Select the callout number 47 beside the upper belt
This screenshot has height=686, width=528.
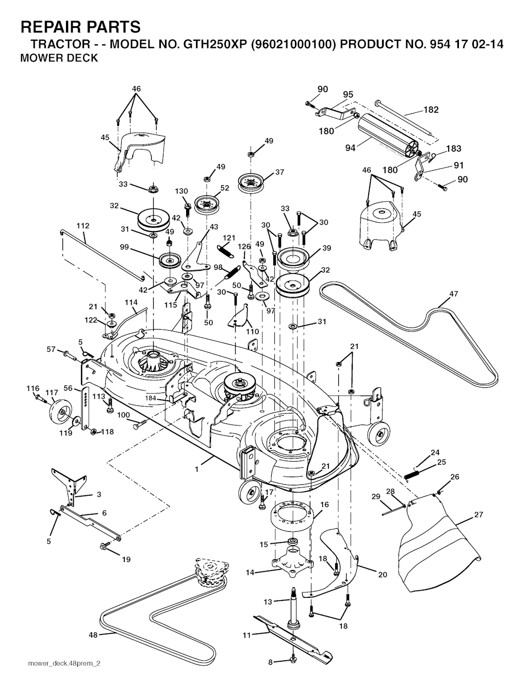click(453, 294)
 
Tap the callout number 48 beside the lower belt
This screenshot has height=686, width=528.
click(93, 635)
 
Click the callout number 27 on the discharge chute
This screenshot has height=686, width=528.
click(478, 514)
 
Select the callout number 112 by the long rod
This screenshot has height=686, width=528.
click(82, 225)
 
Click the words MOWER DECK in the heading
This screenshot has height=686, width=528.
click(58, 58)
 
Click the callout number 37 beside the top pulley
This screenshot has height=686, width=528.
click(279, 172)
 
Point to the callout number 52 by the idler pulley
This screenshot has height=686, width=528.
click(224, 188)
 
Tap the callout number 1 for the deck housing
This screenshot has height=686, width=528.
click(196, 469)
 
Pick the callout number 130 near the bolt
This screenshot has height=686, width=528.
click(181, 191)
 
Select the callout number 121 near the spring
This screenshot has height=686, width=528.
click(229, 238)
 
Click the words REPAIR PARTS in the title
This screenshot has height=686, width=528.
click(80, 26)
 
